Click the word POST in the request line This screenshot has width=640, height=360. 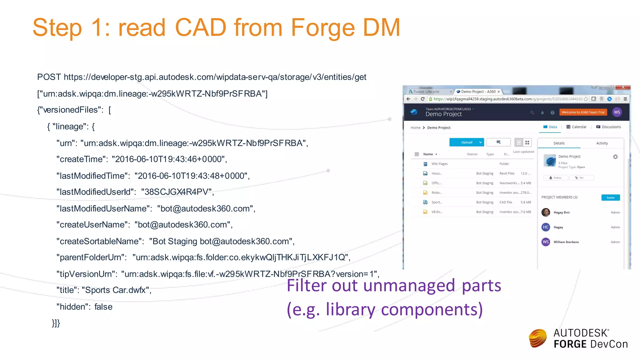pyautogui.click(x=49, y=77)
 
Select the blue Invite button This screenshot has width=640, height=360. pyautogui.click(x=610, y=197)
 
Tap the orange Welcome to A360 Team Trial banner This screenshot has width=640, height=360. pyautogui.click(x=583, y=112)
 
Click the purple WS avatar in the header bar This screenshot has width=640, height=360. pyautogui.click(x=617, y=112)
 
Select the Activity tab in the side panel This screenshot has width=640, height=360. pyautogui.click(x=602, y=143)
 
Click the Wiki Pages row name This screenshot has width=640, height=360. pyautogui.click(x=439, y=164)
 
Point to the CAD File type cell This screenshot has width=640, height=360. pyautogui.click(x=505, y=202)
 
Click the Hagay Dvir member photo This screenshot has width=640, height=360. pyautogui.click(x=546, y=212)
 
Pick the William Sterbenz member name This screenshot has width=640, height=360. pyautogui.click(x=566, y=242)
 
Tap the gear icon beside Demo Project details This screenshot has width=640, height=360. pyautogui.click(x=615, y=157)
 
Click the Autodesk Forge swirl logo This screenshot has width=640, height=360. pyautogui.click(x=538, y=338)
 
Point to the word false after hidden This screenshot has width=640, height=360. pyautogui.click(x=103, y=307)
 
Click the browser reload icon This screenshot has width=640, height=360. pyautogui.click(x=422, y=99)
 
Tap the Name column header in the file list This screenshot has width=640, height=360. pyautogui.click(x=428, y=154)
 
